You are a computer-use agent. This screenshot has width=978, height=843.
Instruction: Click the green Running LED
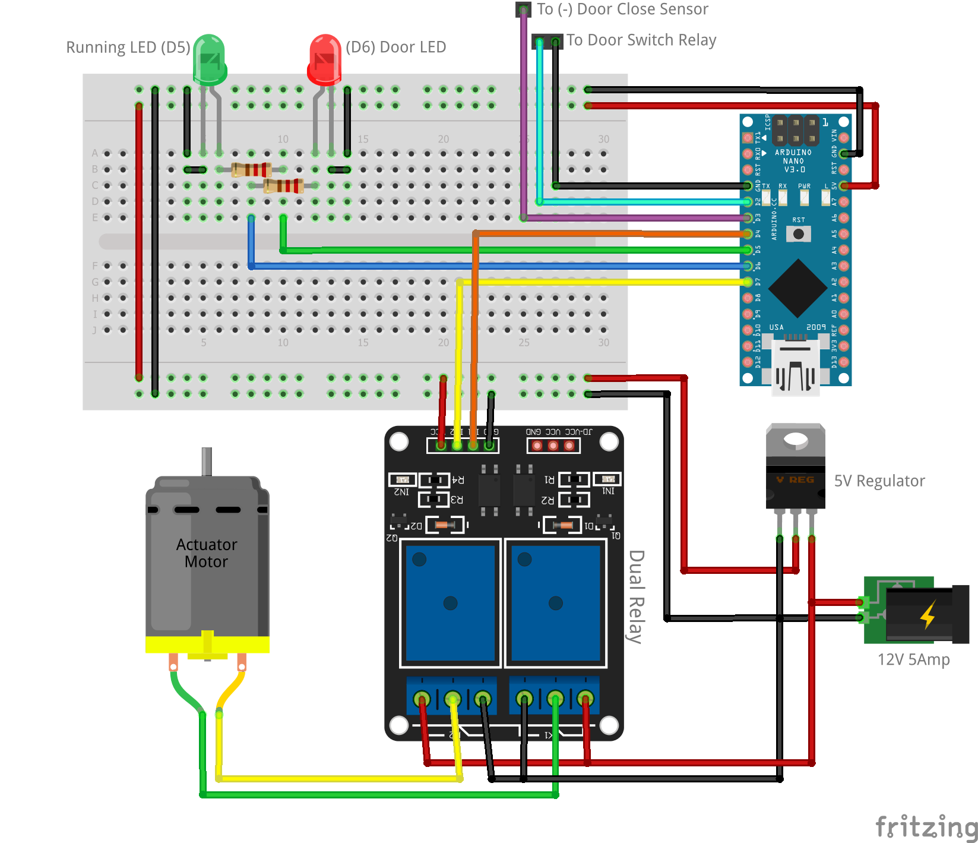click(x=209, y=59)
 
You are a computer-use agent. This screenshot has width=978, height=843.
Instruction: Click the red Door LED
click(x=324, y=59)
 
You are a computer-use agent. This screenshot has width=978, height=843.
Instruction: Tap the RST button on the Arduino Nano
click(x=799, y=234)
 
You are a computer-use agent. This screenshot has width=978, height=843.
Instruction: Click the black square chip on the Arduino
click(x=797, y=288)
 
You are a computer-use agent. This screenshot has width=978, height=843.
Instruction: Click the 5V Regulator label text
click(x=879, y=481)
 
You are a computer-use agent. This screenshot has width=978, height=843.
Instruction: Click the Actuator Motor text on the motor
click(x=206, y=553)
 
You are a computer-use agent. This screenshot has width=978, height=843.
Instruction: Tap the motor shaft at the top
click(x=207, y=461)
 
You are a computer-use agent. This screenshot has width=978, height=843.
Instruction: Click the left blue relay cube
click(x=450, y=603)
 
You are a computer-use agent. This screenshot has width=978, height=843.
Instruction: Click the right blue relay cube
click(x=555, y=603)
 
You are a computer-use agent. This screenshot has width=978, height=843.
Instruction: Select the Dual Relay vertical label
click(x=636, y=596)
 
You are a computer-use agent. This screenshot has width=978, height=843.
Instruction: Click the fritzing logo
click(x=926, y=826)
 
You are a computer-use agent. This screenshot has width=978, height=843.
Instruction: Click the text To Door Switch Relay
click(x=641, y=40)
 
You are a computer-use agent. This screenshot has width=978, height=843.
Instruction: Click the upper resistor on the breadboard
click(x=251, y=170)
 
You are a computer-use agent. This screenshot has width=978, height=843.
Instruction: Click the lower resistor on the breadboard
click(x=283, y=186)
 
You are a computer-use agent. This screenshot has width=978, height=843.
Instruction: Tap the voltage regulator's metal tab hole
click(x=795, y=440)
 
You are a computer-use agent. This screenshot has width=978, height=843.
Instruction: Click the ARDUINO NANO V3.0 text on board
click(x=793, y=160)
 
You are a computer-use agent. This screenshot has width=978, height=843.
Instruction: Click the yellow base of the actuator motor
click(x=207, y=645)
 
